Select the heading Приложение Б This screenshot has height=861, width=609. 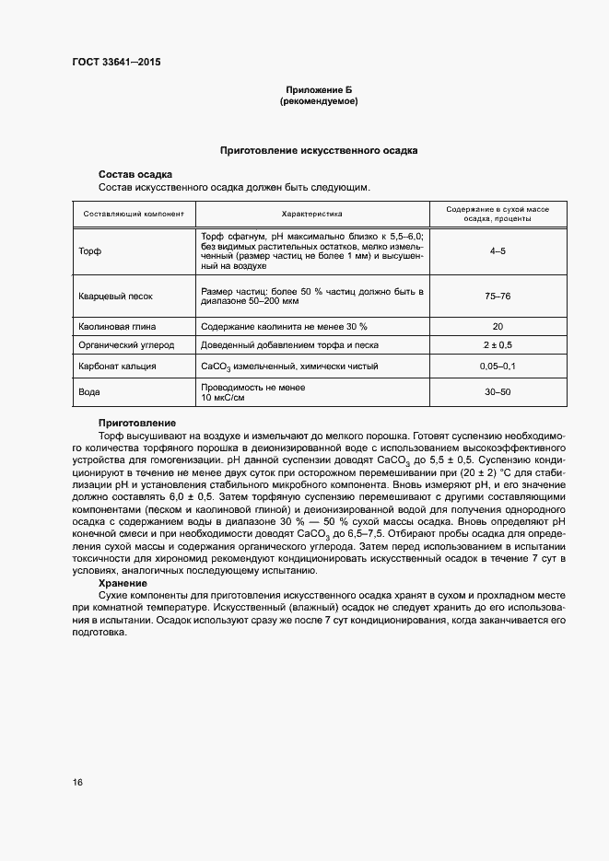click(318, 89)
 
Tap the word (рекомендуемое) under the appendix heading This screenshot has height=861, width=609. click(318, 100)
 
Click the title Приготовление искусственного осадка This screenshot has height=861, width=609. click(318, 149)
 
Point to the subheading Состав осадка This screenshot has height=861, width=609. click(135, 174)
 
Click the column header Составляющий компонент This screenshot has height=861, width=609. click(134, 214)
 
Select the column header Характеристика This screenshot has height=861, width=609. click(311, 214)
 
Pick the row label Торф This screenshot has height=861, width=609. click(90, 250)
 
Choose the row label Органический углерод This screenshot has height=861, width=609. click(125, 345)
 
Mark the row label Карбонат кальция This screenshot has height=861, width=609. click(117, 367)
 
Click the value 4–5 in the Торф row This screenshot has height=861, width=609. click(498, 250)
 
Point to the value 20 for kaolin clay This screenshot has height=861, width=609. click(498, 326)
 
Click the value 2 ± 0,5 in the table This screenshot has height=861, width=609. click(498, 345)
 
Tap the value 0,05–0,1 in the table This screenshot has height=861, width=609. click(498, 367)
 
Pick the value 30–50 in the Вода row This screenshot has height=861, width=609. click(498, 392)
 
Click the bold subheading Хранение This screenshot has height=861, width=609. click(123, 583)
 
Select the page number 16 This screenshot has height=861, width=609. click(77, 783)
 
